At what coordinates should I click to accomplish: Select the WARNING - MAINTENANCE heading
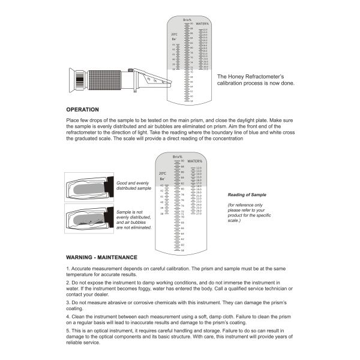(x=102, y=257)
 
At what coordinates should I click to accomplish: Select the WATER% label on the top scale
(x=202, y=24)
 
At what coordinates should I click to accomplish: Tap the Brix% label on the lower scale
(x=177, y=157)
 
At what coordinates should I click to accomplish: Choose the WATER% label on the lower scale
(x=194, y=161)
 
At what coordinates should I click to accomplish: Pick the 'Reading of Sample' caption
(x=247, y=195)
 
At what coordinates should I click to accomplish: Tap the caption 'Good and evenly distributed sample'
(x=133, y=185)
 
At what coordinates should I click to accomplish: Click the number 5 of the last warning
(x=68, y=331)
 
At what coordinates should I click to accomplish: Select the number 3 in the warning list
(x=68, y=302)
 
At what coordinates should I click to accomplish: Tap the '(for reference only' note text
(x=244, y=206)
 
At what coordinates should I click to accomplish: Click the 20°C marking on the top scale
(x=174, y=34)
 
